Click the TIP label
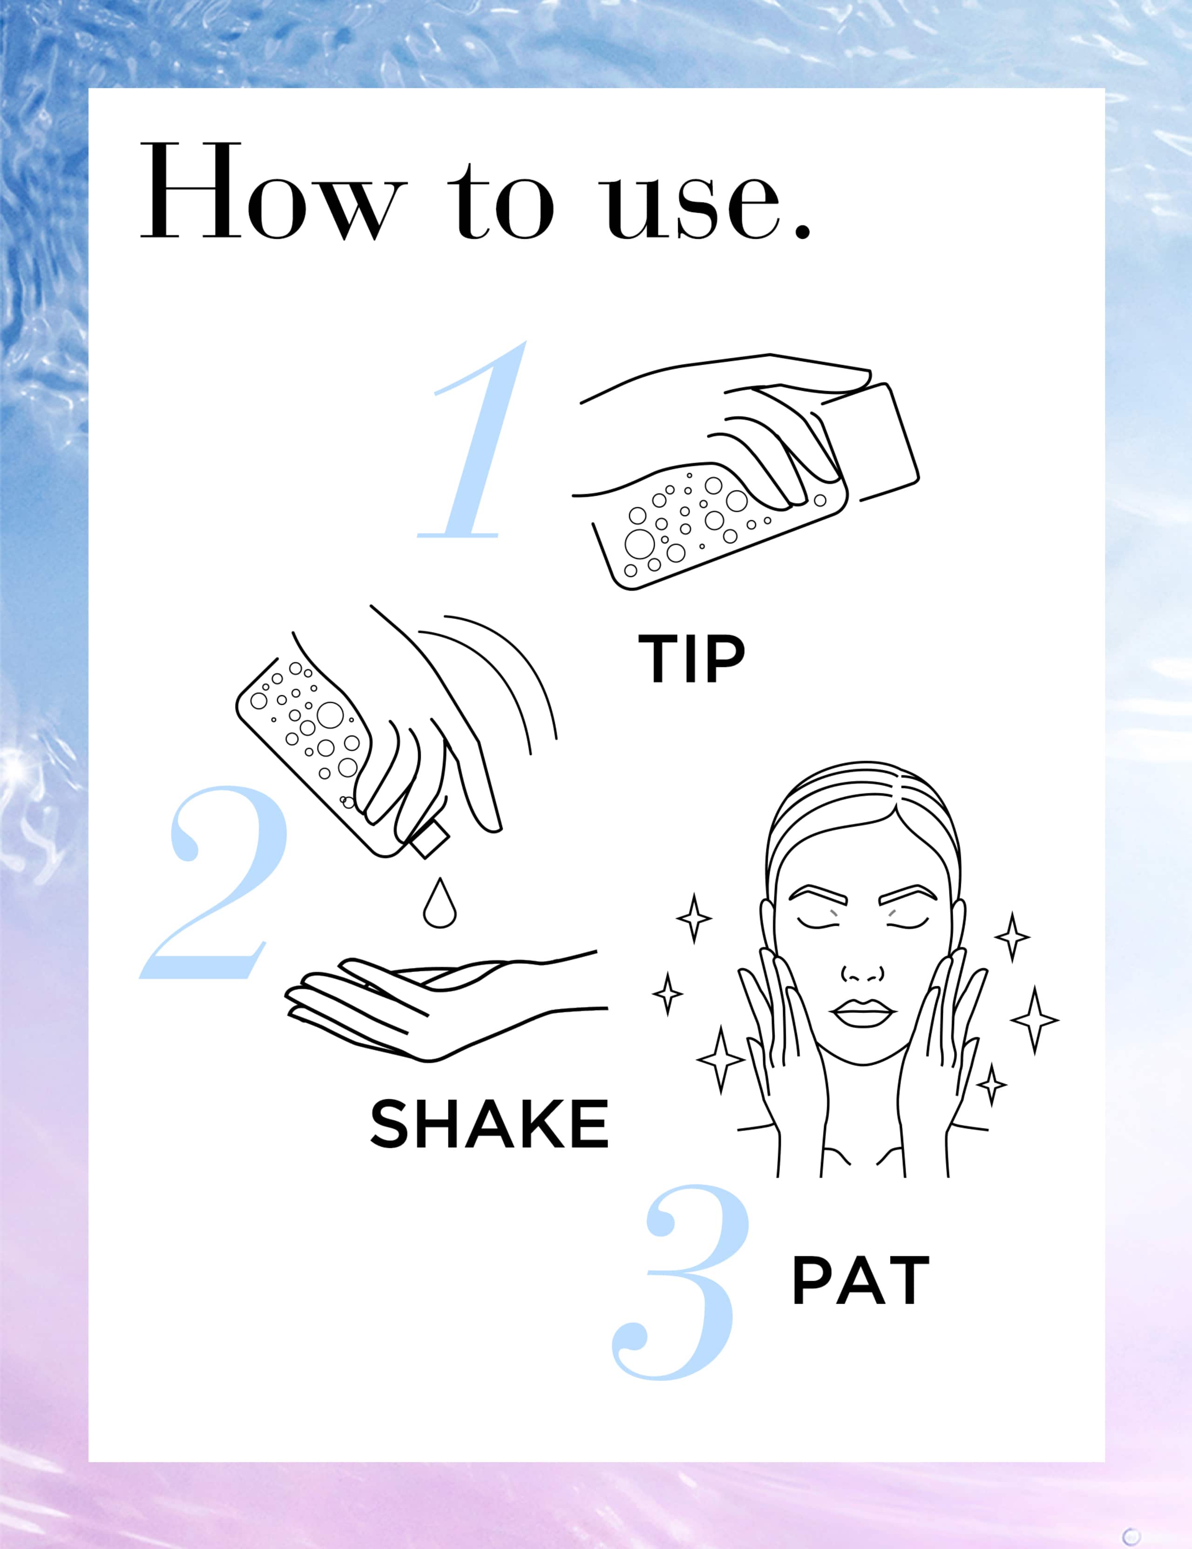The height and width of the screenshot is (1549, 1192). tap(692, 659)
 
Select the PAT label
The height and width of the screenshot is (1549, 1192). tap(860, 1280)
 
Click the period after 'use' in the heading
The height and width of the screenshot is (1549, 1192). tap(802, 231)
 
